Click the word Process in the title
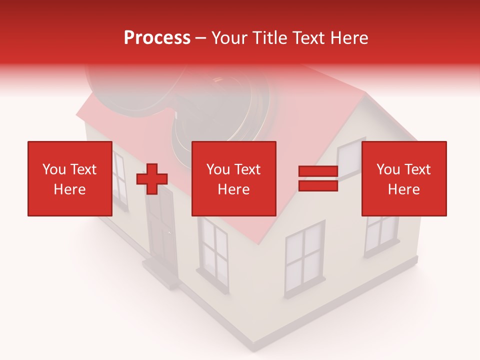pyautogui.click(x=157, y=38)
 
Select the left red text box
pyautogui.click(x=69, y=178)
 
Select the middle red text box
pyautogui.click(x=233, y=178)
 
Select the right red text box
pyautogui.click(x=403, y=178)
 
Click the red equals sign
pyautogui.click(x=318, y=178)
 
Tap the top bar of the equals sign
pyautogui.click(x=318, y=171)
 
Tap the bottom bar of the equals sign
pyautogui.click(x=318, y=185)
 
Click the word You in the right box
pyautogui.click(x=387, y=169)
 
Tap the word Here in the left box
pyautogui.click(x=69, y=189)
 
